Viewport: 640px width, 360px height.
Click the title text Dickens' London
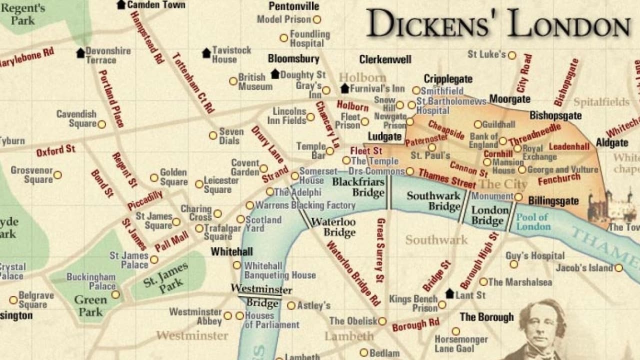498,23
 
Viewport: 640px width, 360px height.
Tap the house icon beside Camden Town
121,4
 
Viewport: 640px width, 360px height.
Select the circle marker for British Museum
233,81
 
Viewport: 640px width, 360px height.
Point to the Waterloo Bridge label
333,227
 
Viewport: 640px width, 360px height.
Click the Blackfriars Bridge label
358,187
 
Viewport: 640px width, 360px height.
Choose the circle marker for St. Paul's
432,147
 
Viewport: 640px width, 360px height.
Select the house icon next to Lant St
449,294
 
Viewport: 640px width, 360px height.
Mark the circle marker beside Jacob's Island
619,268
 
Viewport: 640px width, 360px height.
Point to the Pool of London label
533,221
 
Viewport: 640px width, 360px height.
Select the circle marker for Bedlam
364,352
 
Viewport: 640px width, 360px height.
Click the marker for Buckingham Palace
115,294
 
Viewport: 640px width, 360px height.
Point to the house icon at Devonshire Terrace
80,53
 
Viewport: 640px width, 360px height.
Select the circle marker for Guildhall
478,124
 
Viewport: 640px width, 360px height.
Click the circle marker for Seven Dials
213,135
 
